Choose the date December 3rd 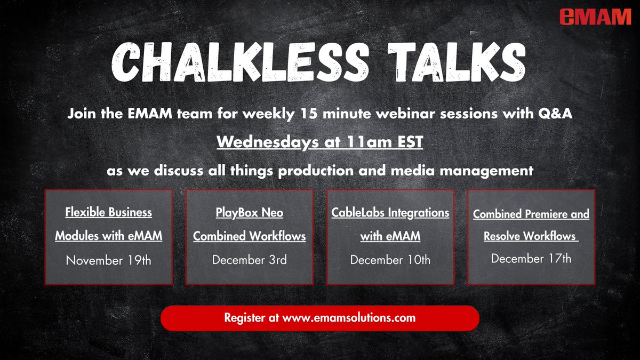pyautogui.click(x=249, y=260)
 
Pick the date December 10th pyautogui.click(x=390, y=260)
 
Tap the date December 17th pyautogui.click(x=531, y=258)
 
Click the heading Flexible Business pyautogui.click(x=108, y=212)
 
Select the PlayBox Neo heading pyautogui.click(x=249, y=213)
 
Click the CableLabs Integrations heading pyautogui.click(x=390, y=213)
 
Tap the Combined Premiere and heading pyautogui.click(x=531, y=214)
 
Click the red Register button pyautogui.click(x=319, y=318)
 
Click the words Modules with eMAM pyautogui.click(x=108, y=236)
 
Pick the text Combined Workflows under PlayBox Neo pyautogui.click(x=249, y=236)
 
